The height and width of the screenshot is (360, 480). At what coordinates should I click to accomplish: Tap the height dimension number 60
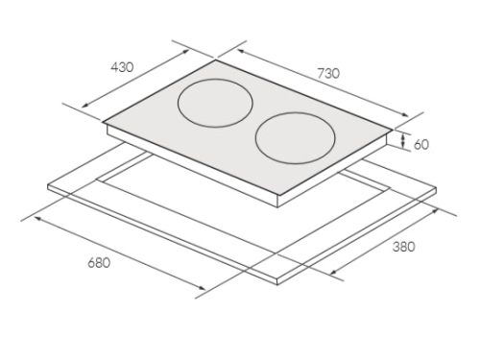point(422,143)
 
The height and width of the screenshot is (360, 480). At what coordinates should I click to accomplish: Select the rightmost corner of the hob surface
point(393,131)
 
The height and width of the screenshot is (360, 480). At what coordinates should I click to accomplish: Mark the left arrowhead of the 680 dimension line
point(34,217)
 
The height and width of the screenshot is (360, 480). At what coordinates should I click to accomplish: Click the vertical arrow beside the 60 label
point(406,142)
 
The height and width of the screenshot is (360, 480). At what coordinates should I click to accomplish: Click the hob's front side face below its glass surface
point(192,164)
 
